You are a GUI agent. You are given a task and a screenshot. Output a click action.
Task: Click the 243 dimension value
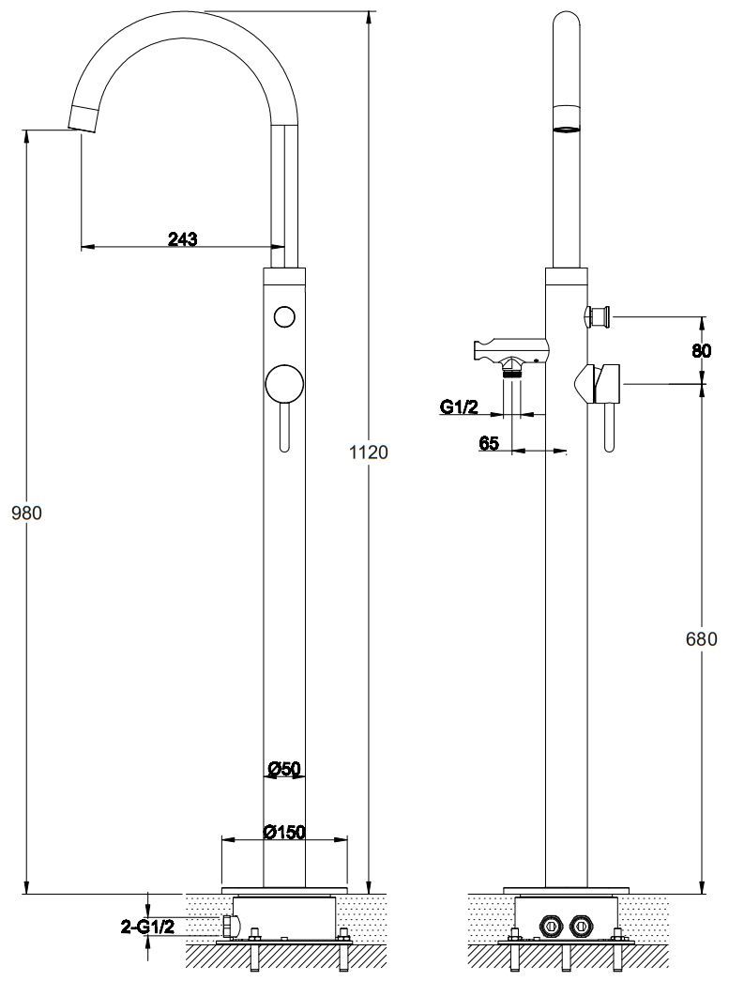(183, 238)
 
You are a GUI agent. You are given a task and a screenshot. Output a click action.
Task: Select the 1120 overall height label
(369, 452)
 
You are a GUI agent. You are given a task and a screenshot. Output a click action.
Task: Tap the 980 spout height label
(27, 513)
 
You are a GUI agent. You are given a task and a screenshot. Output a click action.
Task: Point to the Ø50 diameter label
(284, 768)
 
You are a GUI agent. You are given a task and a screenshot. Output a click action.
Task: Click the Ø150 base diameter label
(284, 832)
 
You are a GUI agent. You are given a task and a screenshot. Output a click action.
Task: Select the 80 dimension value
(702, 351)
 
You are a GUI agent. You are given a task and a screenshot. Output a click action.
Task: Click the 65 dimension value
(489, 443)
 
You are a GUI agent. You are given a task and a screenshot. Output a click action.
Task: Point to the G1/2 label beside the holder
(459, 407)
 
